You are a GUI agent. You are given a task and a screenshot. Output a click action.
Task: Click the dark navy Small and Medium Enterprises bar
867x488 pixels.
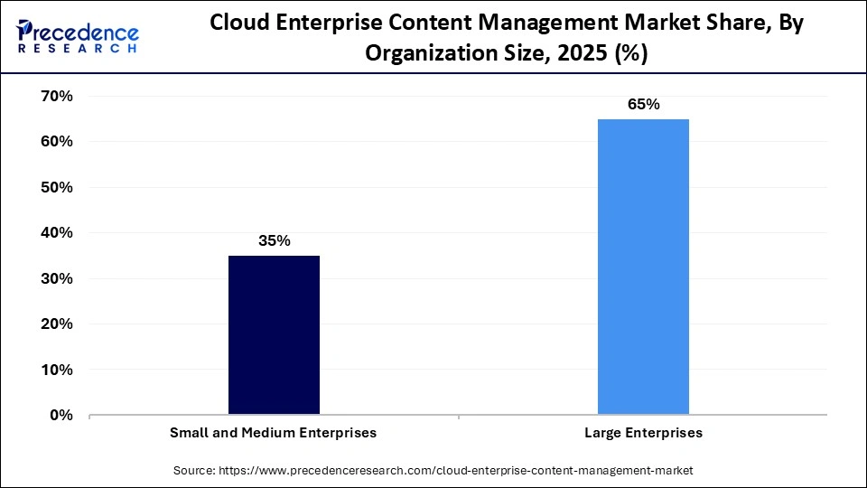click(x=274, y=335)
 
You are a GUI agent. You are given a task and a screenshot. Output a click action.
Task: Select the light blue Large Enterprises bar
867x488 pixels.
click(x=643, y=267)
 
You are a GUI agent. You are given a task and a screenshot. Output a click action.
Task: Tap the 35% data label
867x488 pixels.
click(x=274, y=240)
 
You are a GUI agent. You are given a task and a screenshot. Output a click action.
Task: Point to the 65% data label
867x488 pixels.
click(x=643, y=104)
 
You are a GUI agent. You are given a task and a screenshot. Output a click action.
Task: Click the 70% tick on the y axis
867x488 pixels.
click(x=56, y=96)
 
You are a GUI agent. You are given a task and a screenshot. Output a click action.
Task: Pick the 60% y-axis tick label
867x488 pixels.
click(x=56, y=142)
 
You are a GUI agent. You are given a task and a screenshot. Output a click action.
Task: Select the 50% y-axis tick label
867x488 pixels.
click(x=56, y=187)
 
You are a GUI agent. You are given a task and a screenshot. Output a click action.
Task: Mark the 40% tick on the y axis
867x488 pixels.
click(x=56, y=233)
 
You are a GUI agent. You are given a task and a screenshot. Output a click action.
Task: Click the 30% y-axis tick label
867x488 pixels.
click(x=56, y=278)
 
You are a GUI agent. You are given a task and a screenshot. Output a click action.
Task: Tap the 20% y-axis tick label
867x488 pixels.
click(x=56, y=324)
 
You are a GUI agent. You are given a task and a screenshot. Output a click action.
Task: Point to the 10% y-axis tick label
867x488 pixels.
click(x=56, y=370)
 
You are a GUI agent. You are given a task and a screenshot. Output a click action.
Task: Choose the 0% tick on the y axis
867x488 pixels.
click(x=61, y=416)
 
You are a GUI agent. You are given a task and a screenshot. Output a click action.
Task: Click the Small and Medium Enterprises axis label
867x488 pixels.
click(x=274, y=434)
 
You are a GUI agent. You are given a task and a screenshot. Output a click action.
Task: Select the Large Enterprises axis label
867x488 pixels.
click(x=643, y=434)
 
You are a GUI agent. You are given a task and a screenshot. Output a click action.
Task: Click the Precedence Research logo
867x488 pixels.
click(x=78, y=36)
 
